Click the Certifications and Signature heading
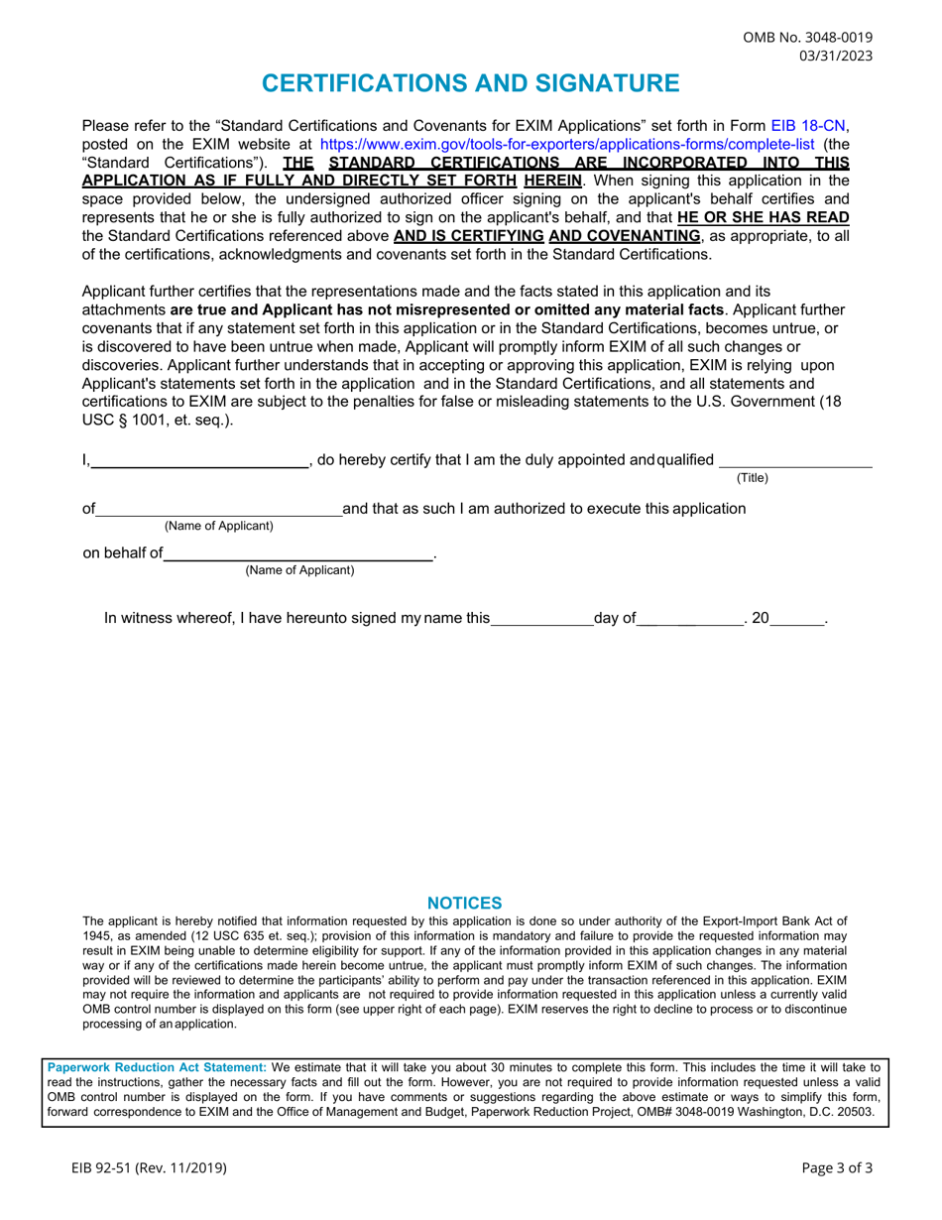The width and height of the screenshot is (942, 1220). click(x=471, y=83)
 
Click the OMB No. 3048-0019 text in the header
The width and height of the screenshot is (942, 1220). click(x=808, y=38)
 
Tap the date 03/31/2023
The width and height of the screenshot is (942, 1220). click(x=836, y=56)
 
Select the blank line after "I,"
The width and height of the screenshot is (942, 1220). click(x=199, y=461)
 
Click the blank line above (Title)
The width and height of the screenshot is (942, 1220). click(x=795, y=461)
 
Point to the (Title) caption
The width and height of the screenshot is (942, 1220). click(x=753, y=478)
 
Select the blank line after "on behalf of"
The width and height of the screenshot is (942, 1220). click(x=297, y=555)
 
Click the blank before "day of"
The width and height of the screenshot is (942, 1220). click(x=541, y=620)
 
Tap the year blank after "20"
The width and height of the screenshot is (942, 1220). click(x=797, y=620)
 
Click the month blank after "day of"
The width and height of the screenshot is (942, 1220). click(x=690, y=620)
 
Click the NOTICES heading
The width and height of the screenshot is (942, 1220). click(x=464, y=904)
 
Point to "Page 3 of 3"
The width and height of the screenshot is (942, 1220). click(x=837, y=1168)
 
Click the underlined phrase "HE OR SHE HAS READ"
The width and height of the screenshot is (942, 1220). click(x=764, y=217)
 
